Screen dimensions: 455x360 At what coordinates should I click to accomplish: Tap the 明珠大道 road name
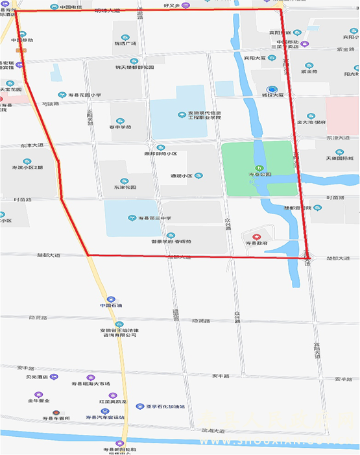tap(107, 11)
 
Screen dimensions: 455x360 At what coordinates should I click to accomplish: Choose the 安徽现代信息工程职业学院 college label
tap(204, 117)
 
